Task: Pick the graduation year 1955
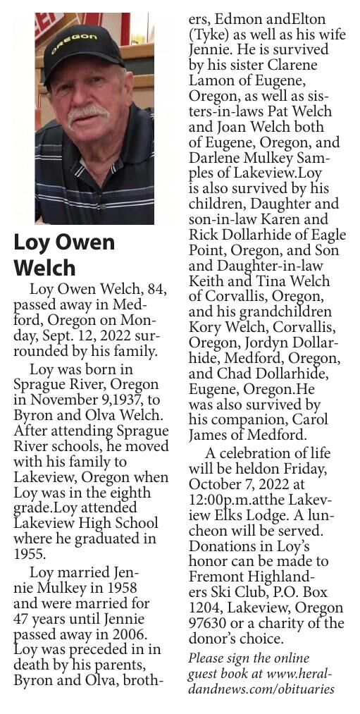30,554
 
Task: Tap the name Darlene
216,159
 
